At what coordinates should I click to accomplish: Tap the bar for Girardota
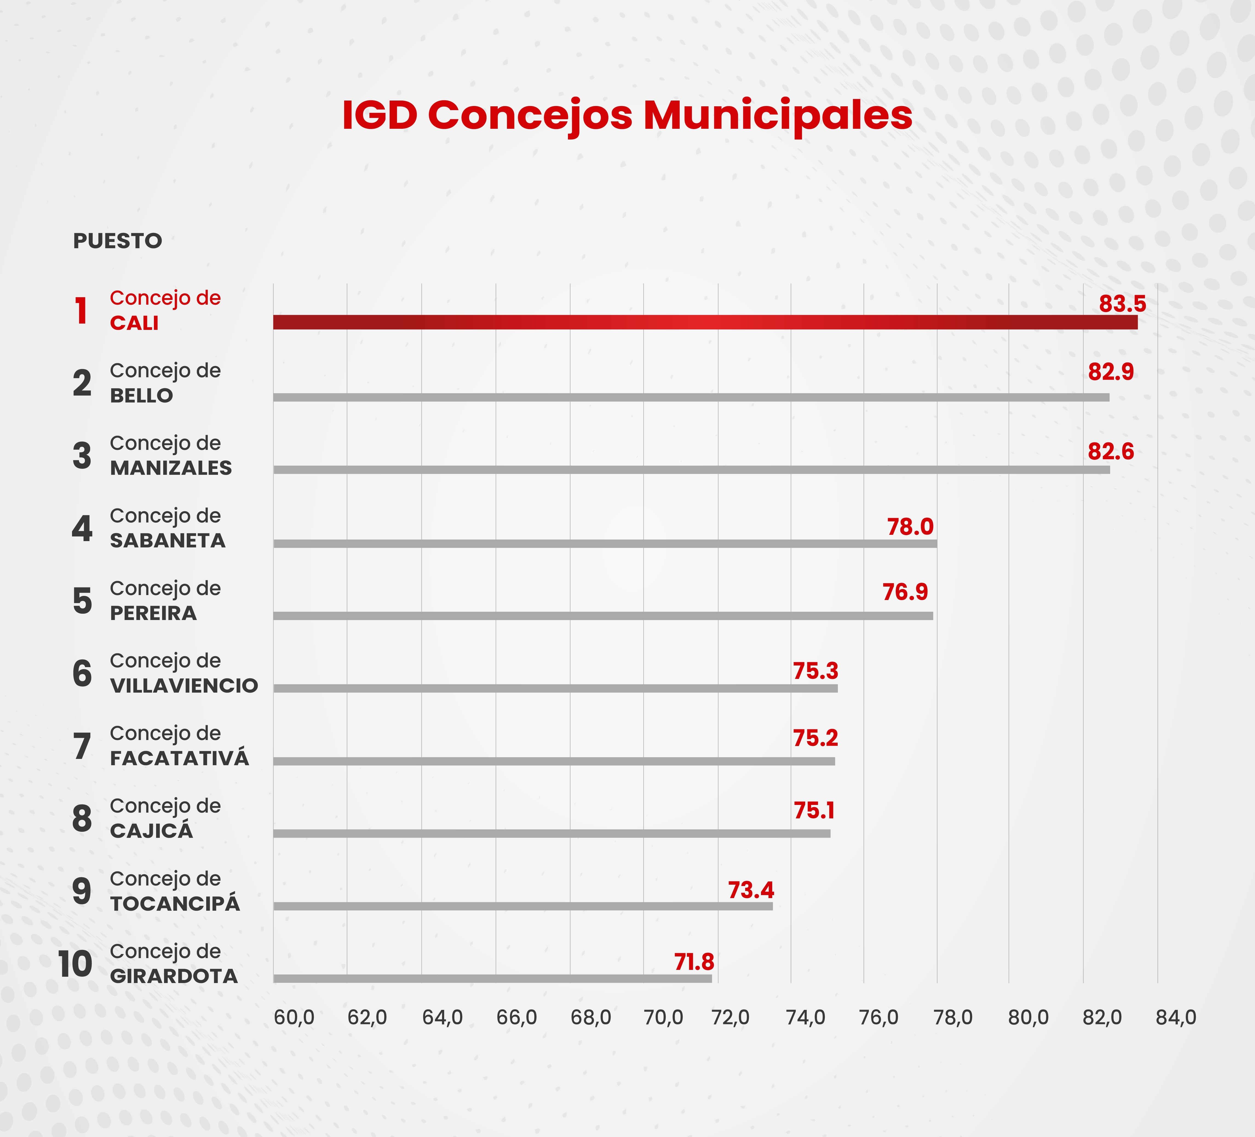click(492, 978)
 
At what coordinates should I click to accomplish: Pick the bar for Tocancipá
click(523, 906)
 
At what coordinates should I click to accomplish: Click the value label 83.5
click(1122, 304)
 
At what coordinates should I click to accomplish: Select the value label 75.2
click(815, 738)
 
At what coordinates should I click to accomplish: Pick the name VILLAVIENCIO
click(184, 685)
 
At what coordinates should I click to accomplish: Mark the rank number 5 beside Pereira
click(82, 601)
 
